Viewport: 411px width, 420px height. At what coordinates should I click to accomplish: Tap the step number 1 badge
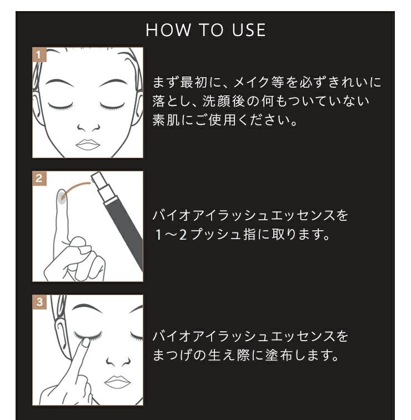tap(38, 54)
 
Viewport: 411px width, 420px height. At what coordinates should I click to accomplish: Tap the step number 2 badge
tap(38, 178)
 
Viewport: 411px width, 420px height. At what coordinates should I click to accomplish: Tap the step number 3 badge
tap(38, 302)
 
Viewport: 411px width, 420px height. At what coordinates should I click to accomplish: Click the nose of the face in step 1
tap(87, 126)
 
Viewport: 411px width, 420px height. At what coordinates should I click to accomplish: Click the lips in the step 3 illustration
tap(118, 382)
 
